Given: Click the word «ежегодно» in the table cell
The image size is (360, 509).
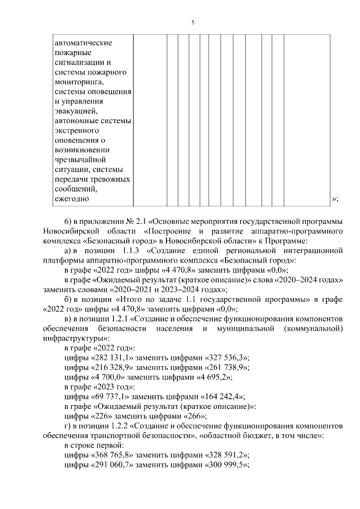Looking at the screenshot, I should pos(72,199).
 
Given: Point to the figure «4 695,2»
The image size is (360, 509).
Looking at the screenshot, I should pos(210,377).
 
